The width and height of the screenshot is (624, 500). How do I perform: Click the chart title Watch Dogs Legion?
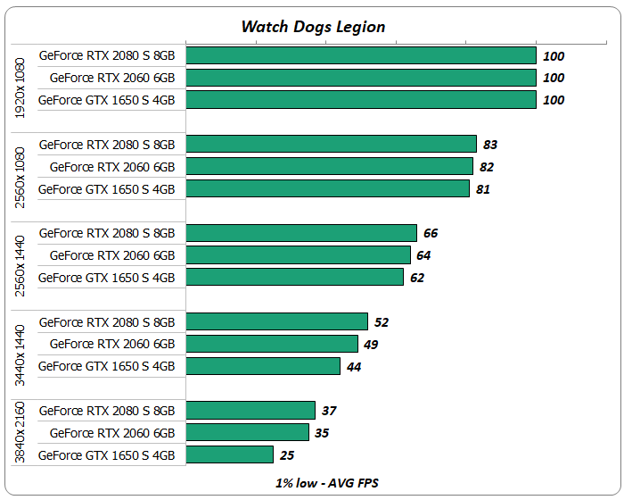pos(313,26)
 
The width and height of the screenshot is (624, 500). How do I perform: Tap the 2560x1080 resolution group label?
pos(21,166)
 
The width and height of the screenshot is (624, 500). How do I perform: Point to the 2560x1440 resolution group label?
pos(21,254)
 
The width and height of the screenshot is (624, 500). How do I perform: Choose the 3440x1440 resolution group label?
pos(21,343)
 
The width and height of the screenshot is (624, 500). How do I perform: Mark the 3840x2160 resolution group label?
pos(21,432)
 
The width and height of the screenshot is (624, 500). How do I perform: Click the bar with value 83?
pos(331,144)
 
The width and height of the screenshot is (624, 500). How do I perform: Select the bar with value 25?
pos(229,454)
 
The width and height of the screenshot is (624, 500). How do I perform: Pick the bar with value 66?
pos(301,233)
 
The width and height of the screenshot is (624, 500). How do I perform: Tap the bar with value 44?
pos(263,366)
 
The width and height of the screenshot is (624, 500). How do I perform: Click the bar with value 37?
pos(250,410)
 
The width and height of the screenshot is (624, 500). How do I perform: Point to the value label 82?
pos(487,167)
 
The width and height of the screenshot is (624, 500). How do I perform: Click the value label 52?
pos(382,322)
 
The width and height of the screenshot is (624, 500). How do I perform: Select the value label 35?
pos(323,433)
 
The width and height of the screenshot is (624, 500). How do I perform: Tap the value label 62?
pos(417,278)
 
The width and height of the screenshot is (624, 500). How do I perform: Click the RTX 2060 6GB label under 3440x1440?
pos(112,344)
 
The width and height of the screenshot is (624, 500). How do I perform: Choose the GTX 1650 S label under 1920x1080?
pos(107,100)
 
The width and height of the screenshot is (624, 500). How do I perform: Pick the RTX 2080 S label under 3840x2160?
pos(107,411)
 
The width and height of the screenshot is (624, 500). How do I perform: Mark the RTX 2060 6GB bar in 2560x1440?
pos(298,255)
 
